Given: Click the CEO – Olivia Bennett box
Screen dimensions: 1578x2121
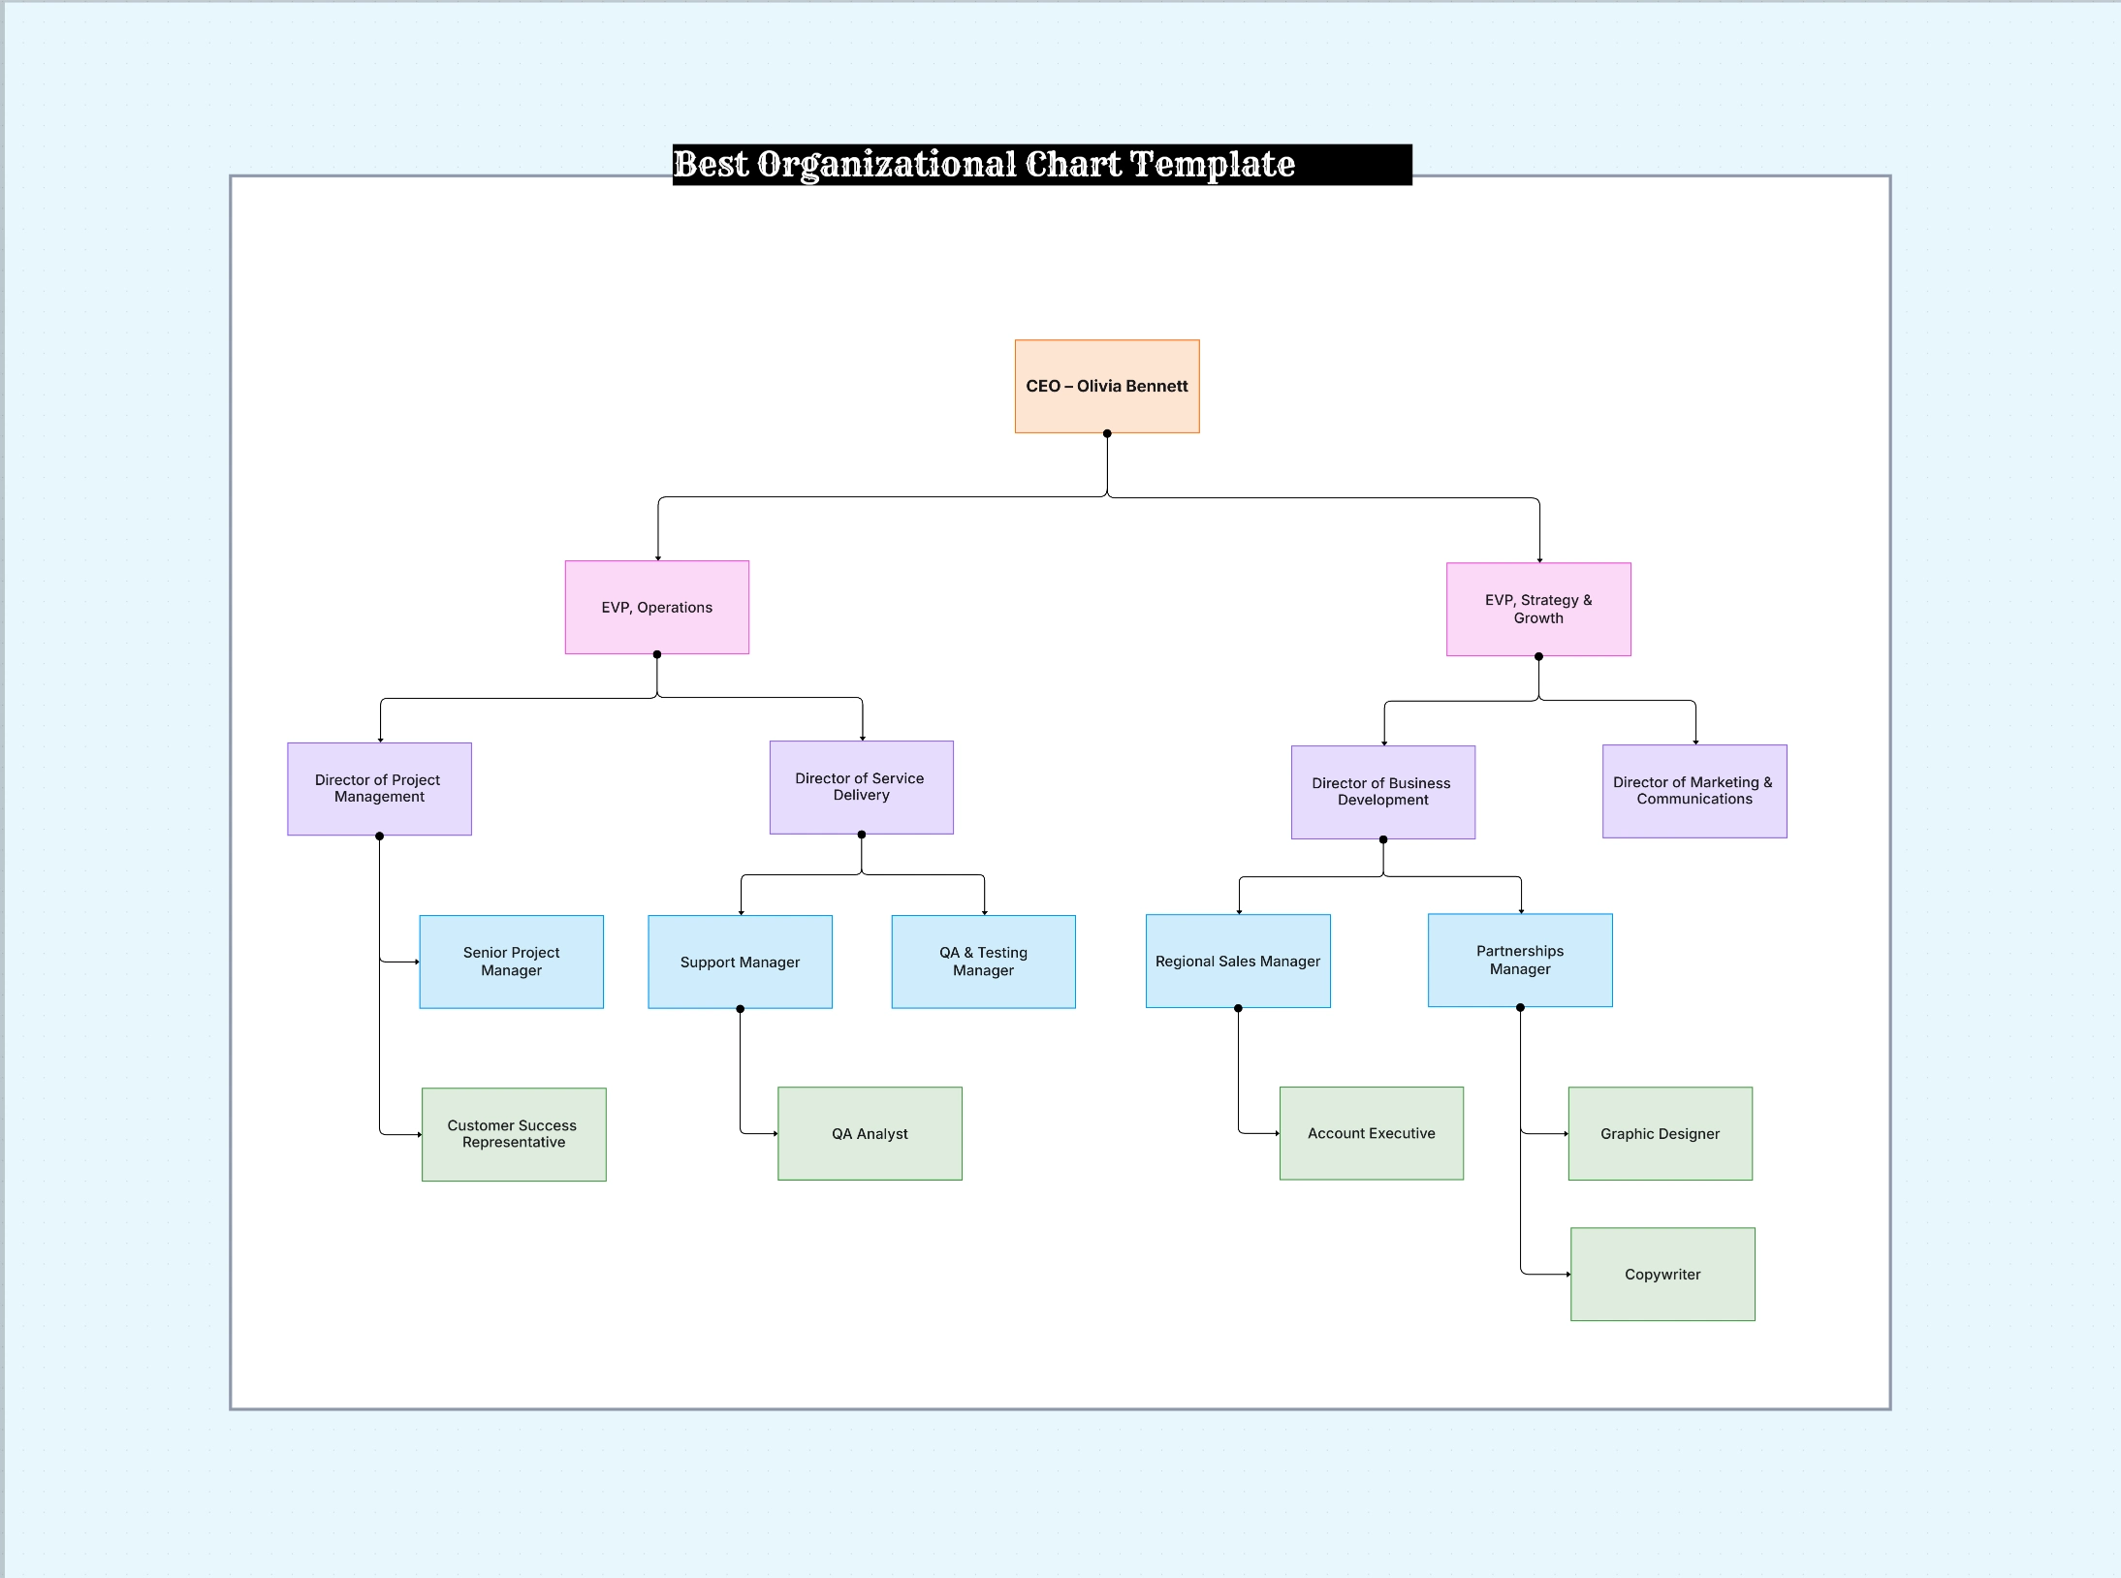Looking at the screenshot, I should click(1106, 386).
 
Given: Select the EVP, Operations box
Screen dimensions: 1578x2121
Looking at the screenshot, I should click(656, 607).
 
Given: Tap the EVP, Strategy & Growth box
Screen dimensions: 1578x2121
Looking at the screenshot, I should click(1537, 609).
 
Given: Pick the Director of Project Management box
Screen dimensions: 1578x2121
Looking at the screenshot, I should click(379, 788).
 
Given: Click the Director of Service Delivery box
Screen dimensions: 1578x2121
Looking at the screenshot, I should click(861, 787).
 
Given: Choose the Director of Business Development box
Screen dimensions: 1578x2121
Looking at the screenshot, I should click(1382, 791).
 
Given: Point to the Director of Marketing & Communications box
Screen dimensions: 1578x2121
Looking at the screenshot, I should click(1694, 790).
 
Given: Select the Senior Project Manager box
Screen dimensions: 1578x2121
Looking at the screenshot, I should click(511, 961).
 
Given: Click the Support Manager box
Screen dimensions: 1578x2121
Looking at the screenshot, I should click(740, 961).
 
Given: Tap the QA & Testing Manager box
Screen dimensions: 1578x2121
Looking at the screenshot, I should click(983, 961).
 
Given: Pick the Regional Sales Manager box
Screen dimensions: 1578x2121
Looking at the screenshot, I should click(1237, 961).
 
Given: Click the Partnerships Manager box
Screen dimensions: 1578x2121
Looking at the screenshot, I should click(1519, 960).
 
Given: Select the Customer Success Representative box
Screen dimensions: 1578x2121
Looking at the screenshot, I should click(513, 1133).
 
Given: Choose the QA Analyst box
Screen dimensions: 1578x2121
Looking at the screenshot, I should click(870, 1133).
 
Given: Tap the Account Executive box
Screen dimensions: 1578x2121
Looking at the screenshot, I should click(1371, 1132).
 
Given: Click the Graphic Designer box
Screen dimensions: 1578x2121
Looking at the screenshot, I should click(1660, 1133).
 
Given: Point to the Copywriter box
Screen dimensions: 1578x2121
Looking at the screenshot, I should click(1662, 1274).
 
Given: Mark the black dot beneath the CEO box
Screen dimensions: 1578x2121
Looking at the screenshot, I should click(1107, 433).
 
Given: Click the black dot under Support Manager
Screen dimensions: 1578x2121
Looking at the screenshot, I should click(741, 1009).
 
